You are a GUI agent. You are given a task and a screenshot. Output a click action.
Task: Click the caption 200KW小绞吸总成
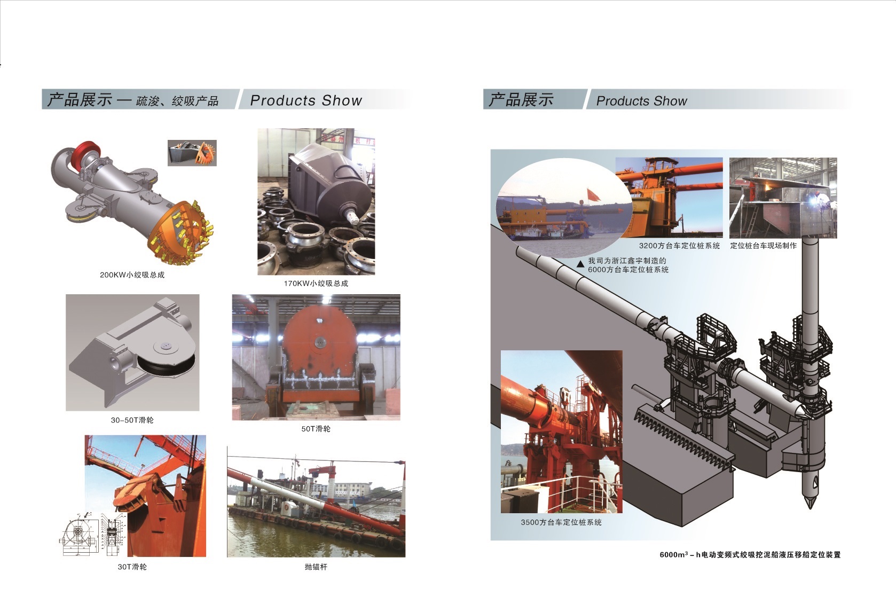[132, 275]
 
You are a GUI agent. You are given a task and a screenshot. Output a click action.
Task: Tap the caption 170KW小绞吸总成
[316, 284]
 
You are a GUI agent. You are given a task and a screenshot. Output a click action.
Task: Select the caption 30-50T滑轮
[132, 420]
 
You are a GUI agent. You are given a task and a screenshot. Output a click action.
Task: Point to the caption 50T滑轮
[316, 429]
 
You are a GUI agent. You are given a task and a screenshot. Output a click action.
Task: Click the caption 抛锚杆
[316, 567]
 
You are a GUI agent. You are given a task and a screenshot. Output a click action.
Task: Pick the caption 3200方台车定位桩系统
[679, 246]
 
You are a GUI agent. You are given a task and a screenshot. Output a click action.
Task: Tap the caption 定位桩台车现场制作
[763, 246]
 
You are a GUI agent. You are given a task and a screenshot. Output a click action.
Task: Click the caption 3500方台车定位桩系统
[561, 522]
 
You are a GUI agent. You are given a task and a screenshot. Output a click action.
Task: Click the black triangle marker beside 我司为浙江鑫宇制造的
[580, 264]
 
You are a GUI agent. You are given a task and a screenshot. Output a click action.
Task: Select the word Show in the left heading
[342, 100]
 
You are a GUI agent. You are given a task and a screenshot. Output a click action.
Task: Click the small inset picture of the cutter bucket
[192, 153]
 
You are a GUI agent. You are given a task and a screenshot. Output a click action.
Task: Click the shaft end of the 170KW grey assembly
[352, 216]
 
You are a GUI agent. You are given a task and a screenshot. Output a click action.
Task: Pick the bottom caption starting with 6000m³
[750, 555]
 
